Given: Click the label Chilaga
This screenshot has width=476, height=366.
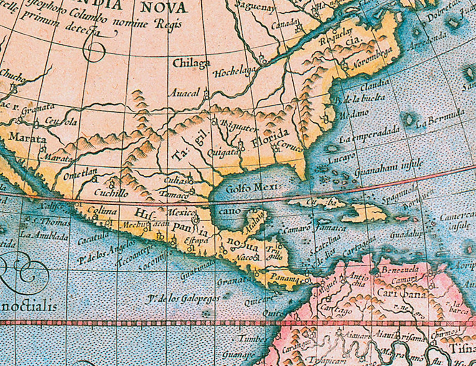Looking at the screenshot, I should coord(191,63).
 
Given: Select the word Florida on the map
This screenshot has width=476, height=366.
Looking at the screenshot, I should coord(270,138).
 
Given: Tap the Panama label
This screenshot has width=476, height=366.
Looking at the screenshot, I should coord(286,277).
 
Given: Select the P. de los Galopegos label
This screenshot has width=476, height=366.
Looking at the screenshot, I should coord(183,298).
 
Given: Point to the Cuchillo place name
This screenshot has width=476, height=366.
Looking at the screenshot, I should coord(111,193).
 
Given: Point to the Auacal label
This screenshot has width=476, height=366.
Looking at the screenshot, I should coord(184,93).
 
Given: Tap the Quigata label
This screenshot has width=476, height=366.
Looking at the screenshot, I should coord(222,153).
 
